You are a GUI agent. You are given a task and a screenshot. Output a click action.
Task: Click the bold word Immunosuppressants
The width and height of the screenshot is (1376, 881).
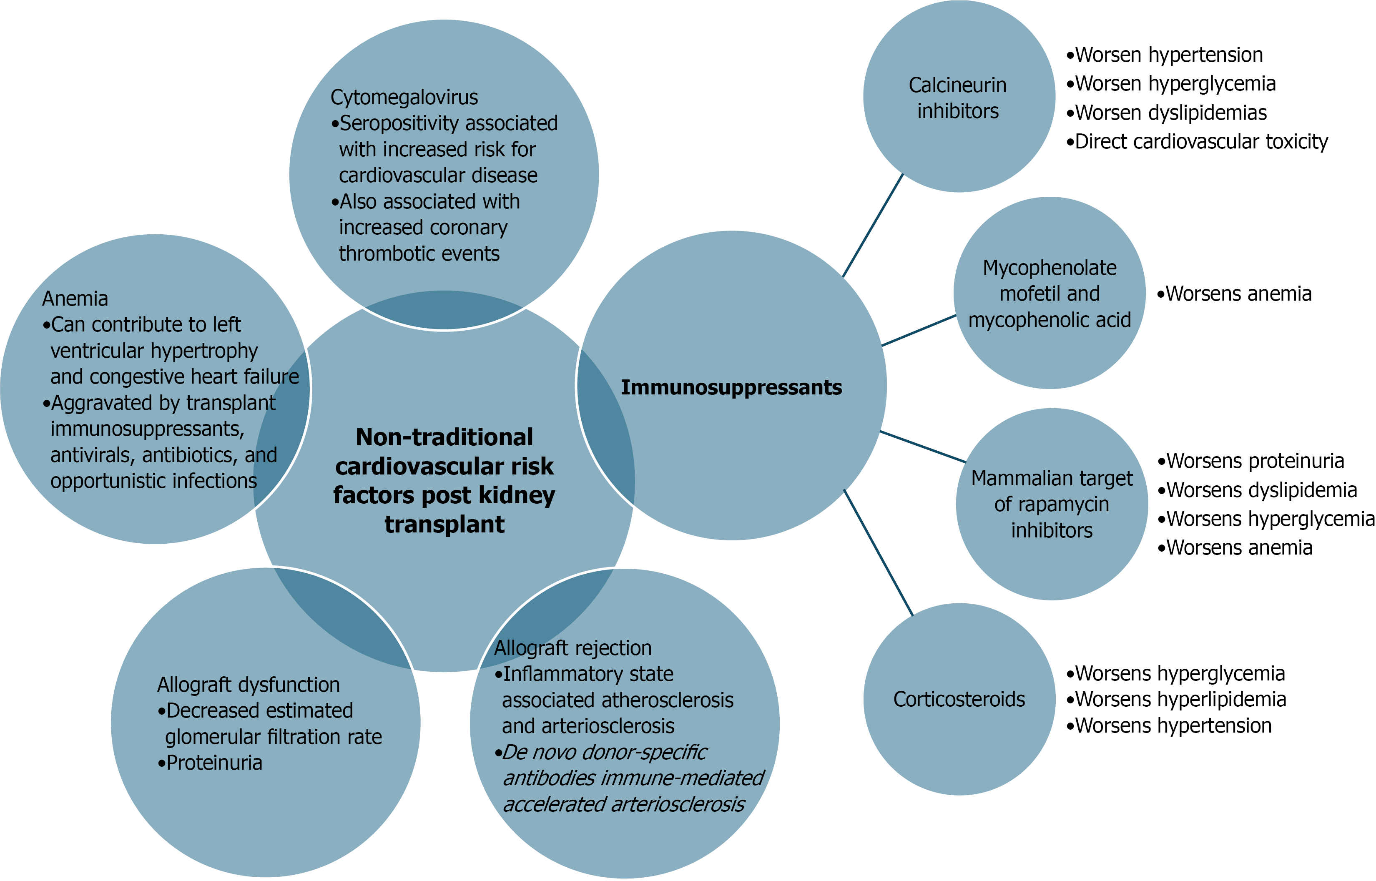(x=731, y=387)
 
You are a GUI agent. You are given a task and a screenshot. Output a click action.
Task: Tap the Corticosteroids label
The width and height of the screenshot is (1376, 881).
(x=959, y=699)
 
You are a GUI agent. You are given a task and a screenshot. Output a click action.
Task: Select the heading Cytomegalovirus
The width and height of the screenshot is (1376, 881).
(x=404, y=97)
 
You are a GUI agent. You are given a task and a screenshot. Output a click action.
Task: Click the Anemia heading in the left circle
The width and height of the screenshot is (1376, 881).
(x=75, y=299)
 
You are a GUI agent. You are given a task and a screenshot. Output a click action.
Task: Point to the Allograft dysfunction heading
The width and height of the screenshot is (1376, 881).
(x=249, y=684)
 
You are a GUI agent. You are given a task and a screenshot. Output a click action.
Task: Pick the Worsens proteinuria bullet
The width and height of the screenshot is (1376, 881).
(x=1254, y=461)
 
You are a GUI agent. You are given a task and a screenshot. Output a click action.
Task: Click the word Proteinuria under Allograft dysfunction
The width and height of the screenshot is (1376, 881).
(x=214, y=763)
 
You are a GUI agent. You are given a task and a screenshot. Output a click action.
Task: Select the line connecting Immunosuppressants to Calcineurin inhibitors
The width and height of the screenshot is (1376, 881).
(x=873, y=225)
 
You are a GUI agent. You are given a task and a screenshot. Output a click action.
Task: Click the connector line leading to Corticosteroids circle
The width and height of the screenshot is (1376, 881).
(x=878, y=552)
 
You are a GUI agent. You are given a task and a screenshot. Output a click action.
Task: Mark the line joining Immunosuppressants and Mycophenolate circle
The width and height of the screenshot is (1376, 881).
(x=918, y=331)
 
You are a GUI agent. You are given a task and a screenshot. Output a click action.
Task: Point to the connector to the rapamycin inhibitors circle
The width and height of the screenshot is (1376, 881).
(x=922, y=446)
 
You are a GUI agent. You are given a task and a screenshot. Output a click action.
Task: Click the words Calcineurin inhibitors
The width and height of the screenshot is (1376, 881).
(x=958, y=98)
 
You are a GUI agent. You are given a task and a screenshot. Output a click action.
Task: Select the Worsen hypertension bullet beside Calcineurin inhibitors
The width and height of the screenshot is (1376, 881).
(x=1168, y=55)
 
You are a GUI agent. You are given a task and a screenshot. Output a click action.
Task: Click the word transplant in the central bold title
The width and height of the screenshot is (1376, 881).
(x=444, y=524)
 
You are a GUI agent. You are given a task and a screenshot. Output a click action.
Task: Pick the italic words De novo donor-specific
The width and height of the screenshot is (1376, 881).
(x=604, y=752)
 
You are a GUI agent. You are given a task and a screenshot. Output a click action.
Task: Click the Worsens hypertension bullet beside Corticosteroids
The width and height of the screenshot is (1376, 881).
(x=1173, y=725)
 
